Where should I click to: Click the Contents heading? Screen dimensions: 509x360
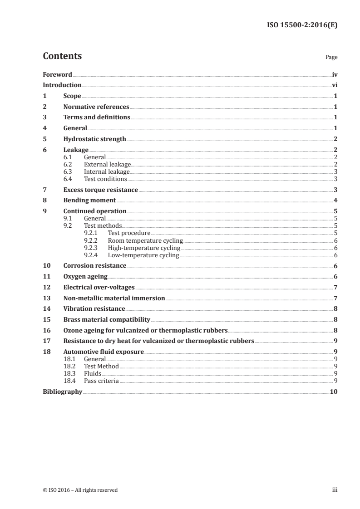point(62,56)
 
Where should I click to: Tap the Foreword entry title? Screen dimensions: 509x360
point(57,74)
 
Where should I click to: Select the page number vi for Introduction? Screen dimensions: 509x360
point(334,85)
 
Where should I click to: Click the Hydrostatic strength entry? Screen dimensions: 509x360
point(94,139)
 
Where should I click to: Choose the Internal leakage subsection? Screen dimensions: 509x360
point(107,171)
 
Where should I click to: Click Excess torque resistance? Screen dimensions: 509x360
point(100,190)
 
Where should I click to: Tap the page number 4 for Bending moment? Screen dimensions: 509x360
point(335,201)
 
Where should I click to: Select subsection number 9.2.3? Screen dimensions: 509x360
point(91,248)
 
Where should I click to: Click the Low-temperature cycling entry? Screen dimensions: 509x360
point(143,255)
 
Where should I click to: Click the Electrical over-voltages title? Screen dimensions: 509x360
point(99,287)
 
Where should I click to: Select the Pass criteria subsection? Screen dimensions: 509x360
point(101,381)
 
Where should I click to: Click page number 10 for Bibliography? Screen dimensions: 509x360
point(334,392)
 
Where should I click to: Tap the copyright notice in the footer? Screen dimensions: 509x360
point(80,489)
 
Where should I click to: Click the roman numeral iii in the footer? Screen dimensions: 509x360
point(335,489)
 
